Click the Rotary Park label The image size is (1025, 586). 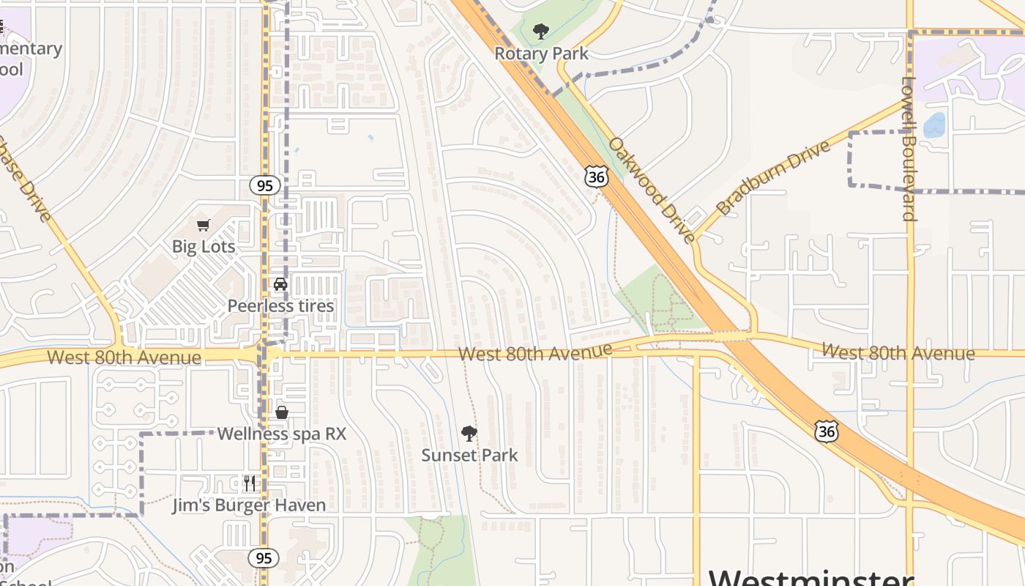pos(541,53)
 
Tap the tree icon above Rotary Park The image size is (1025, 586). pos(541,31)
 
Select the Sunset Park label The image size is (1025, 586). pos(469,455)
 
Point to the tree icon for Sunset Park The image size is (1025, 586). pos(469,434)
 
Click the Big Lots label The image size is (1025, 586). pos(204,247)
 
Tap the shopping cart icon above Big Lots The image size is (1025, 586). pos(204,226)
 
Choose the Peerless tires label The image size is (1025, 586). pos(280,306)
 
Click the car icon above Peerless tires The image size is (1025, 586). pos(280,284)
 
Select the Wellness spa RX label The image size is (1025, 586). pos(281,434)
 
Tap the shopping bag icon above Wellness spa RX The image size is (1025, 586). pos(282,412)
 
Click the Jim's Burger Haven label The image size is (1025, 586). pos(249,505)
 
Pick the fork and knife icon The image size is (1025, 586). pos(250,483)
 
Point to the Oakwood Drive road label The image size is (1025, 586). pos(651,190)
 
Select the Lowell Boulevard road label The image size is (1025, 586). pos(909,149)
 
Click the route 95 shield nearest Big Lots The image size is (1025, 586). pos(265,185)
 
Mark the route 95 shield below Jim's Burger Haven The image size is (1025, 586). pos(263,558)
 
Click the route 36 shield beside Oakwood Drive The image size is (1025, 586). pos(597,176)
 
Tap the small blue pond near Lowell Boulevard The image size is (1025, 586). pos(934,125)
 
